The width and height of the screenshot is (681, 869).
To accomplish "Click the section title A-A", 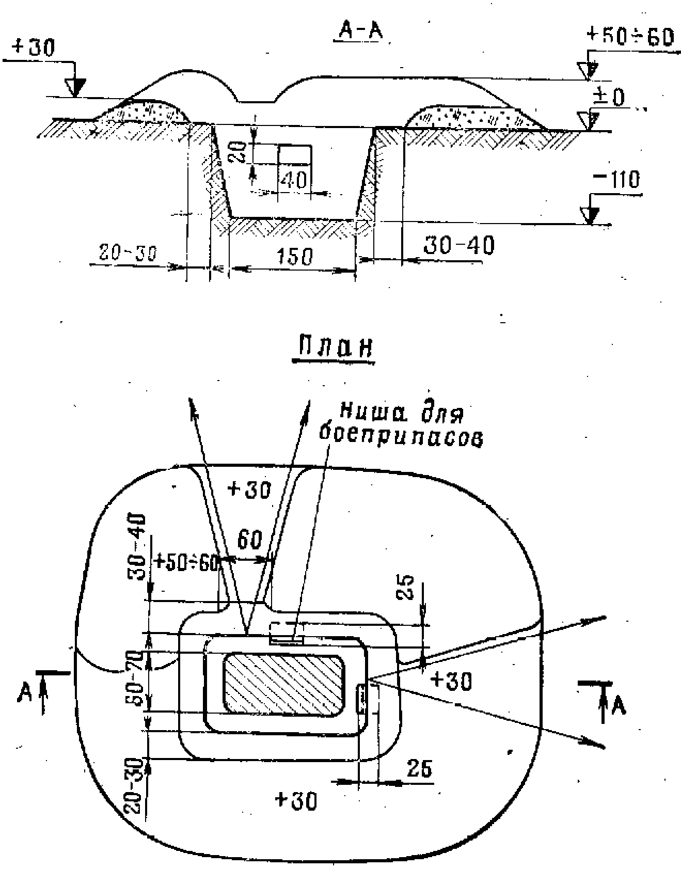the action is tap(360, 31).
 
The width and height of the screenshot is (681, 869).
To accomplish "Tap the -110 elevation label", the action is tap(616, 180).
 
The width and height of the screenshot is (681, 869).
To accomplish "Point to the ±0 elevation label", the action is tap(609, 97).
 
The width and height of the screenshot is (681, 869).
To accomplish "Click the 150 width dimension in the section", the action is tap(294, 257).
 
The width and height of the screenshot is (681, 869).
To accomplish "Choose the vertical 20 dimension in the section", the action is tap(239, 152).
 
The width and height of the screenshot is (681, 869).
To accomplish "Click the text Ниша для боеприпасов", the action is tap(401, 425).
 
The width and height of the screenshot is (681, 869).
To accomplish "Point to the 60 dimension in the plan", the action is tap(250, 541).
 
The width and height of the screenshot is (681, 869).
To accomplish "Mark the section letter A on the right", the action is tap(619, 705).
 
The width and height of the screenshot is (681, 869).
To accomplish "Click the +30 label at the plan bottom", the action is tap(296, 801).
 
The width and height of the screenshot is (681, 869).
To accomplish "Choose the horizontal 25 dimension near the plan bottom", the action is tap(419, 769).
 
